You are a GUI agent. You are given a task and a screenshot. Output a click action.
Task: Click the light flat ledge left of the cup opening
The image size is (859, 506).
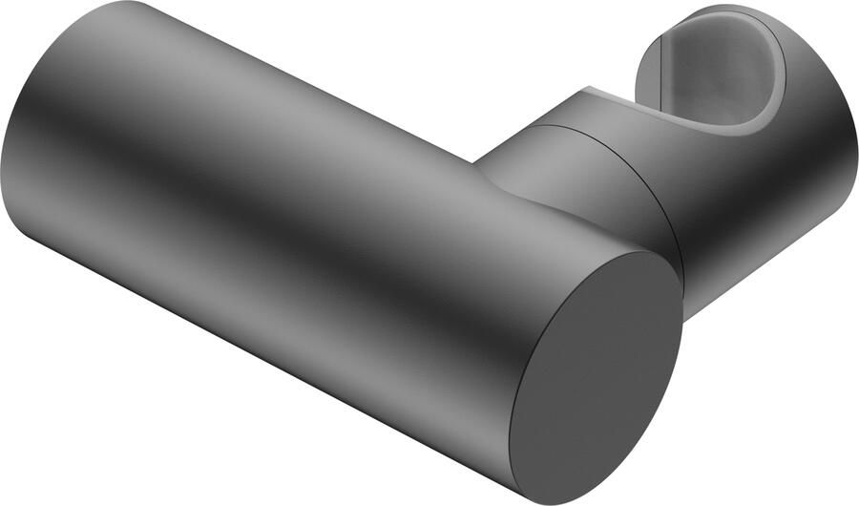[x=597, y=94]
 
